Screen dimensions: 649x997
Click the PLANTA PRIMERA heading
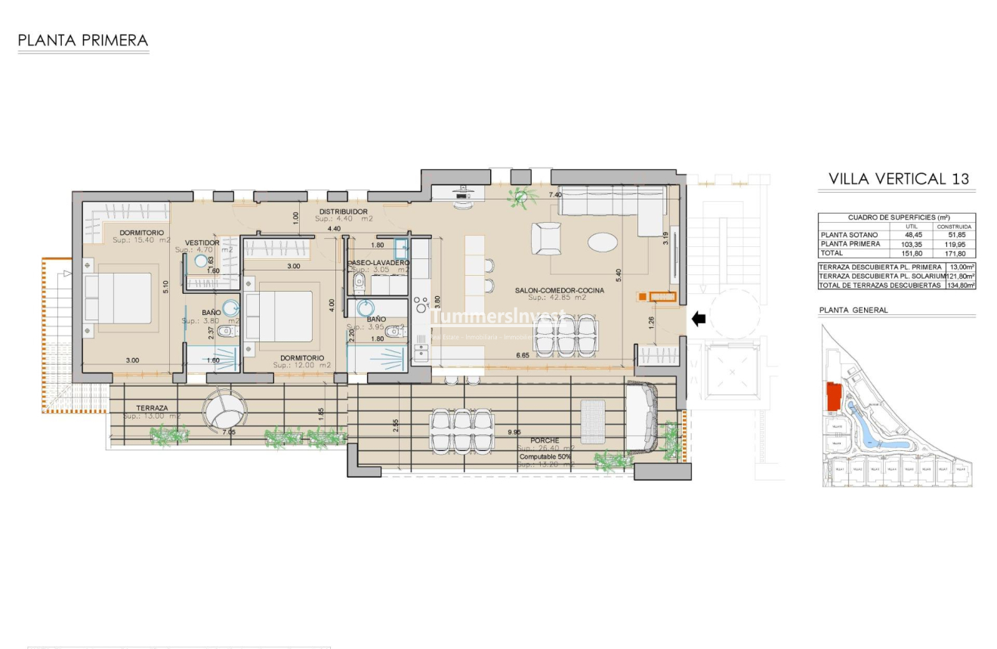83,41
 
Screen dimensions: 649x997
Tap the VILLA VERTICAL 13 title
898,179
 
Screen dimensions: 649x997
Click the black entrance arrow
699,319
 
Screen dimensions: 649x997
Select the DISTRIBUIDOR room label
343,212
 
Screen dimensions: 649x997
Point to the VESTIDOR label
202,243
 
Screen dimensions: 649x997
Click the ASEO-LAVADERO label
379,262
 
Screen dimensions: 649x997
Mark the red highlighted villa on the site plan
835,397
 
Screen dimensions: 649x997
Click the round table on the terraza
224,410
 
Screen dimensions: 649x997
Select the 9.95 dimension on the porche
514,432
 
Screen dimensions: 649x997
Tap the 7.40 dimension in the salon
555,195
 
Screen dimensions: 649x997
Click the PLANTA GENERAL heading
853,310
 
